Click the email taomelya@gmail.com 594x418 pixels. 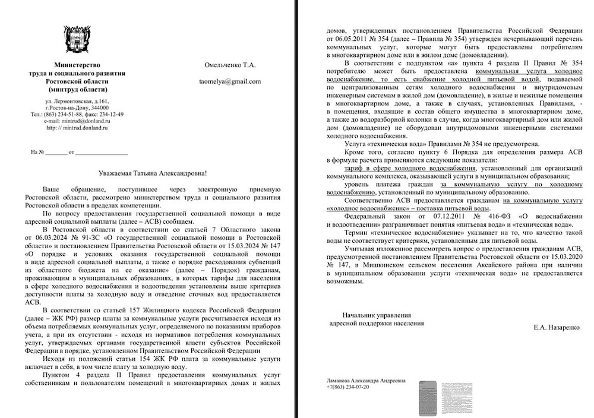tap(229, 81)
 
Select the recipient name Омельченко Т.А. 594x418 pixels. tap(229, 65)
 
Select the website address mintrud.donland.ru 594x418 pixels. tap(83, 127)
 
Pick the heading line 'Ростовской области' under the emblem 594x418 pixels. tap(77, 81)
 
